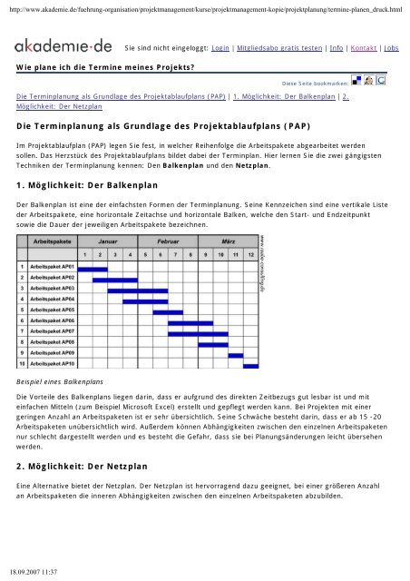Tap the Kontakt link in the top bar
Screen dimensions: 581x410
[366, 46]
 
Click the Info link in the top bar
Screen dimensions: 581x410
[337, 46]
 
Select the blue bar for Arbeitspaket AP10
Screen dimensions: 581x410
[250, 366]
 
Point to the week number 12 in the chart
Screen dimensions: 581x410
[251, 230]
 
